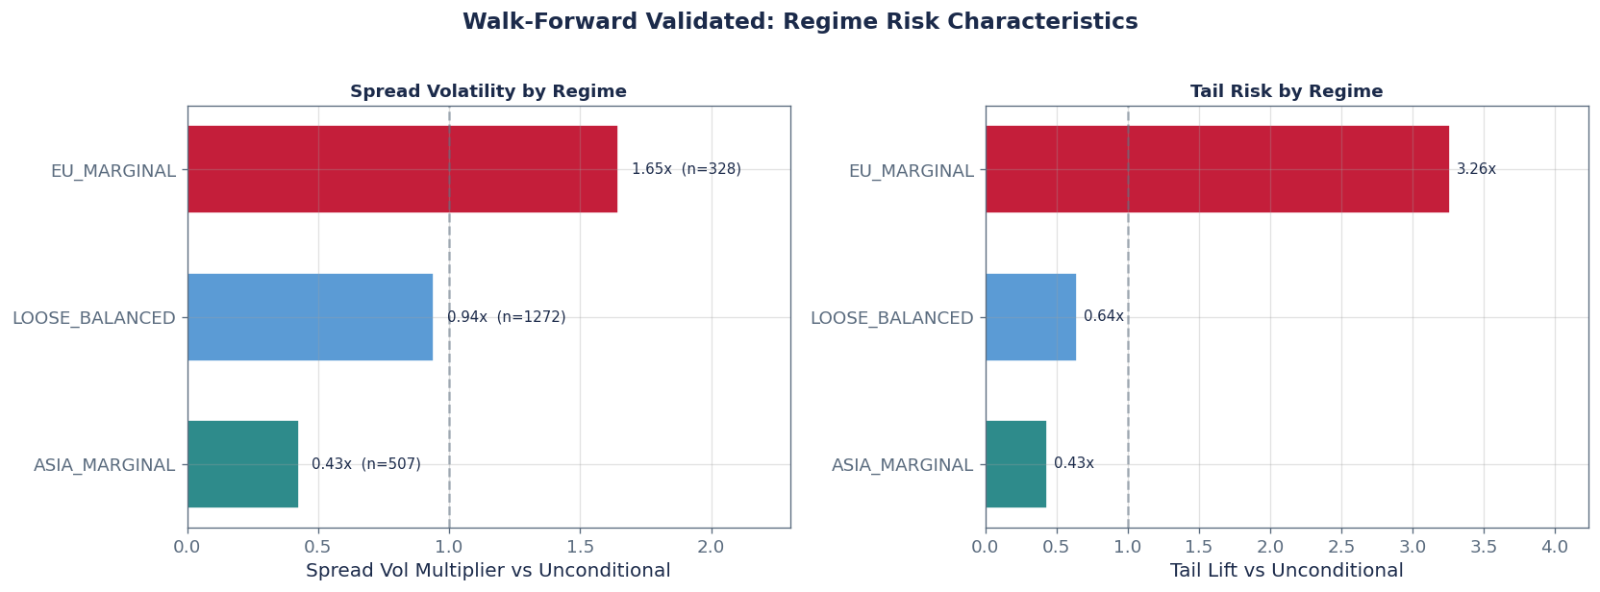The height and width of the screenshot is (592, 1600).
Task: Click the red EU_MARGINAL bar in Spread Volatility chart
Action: pyautogui.click(x=402, y=169)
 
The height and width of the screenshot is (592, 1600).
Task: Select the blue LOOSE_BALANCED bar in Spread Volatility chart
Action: pyautogui.click(x=310, y=317)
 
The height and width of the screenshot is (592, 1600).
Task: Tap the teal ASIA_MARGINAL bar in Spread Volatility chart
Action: pyautogui.click(x=242, y=464)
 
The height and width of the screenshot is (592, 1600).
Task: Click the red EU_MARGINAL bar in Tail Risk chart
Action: pyautogui.click(x=1216, y=169)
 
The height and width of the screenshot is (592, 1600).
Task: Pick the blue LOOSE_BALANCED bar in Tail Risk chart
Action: pyautogui.click(x=1030, y=317)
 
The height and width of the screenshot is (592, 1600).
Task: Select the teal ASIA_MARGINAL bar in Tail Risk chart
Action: pyautogui.click(x=1015, y=464)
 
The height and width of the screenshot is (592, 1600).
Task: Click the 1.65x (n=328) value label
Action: pyautogui.click(x=686, y=169)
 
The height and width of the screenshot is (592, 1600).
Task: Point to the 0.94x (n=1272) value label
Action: pyautogui.click(x=506, y=317)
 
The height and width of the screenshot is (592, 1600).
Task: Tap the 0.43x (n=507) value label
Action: pyautogui.click(x=365, y=464)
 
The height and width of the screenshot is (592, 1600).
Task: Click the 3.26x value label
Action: pyautogui.click(x=1476, y=169)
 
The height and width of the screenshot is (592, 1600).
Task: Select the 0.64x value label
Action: pyautogui.click(x=1103, y=316)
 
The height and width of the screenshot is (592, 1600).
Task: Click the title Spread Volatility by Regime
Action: pyautogui.click(x=487, y=91)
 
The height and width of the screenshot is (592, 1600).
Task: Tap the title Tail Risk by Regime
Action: pyautogui.click(x=1287, y=91)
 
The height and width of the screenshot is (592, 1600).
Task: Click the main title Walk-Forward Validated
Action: pyautogui.click(x=800, y=22)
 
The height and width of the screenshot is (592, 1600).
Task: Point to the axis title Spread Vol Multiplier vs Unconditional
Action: pyautogui.click(x=487, y=571)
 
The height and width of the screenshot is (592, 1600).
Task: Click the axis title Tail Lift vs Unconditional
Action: pyautogui.click(x=1287, y=571)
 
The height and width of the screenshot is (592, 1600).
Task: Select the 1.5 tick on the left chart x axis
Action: pyautogui.click(x=580, y=547)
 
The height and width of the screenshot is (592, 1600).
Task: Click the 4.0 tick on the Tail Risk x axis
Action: pyautogui.click(x=1554, y=547)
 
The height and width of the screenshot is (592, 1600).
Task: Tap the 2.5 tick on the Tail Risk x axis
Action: pyautogui.click(x=1340, y=547)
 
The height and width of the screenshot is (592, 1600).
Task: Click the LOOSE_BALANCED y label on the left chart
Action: pyautogui.click(x=93, y=318)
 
